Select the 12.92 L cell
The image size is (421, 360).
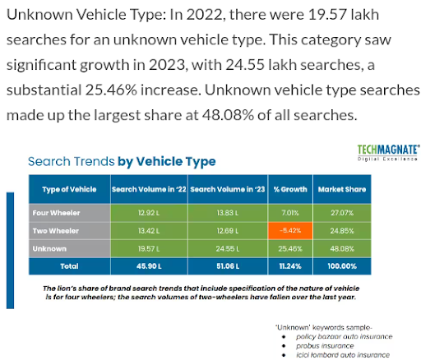[x=148, y=213]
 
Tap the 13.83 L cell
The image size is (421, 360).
[x=223, y=213]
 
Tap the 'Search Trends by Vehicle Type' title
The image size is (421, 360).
[x=122, y=162]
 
